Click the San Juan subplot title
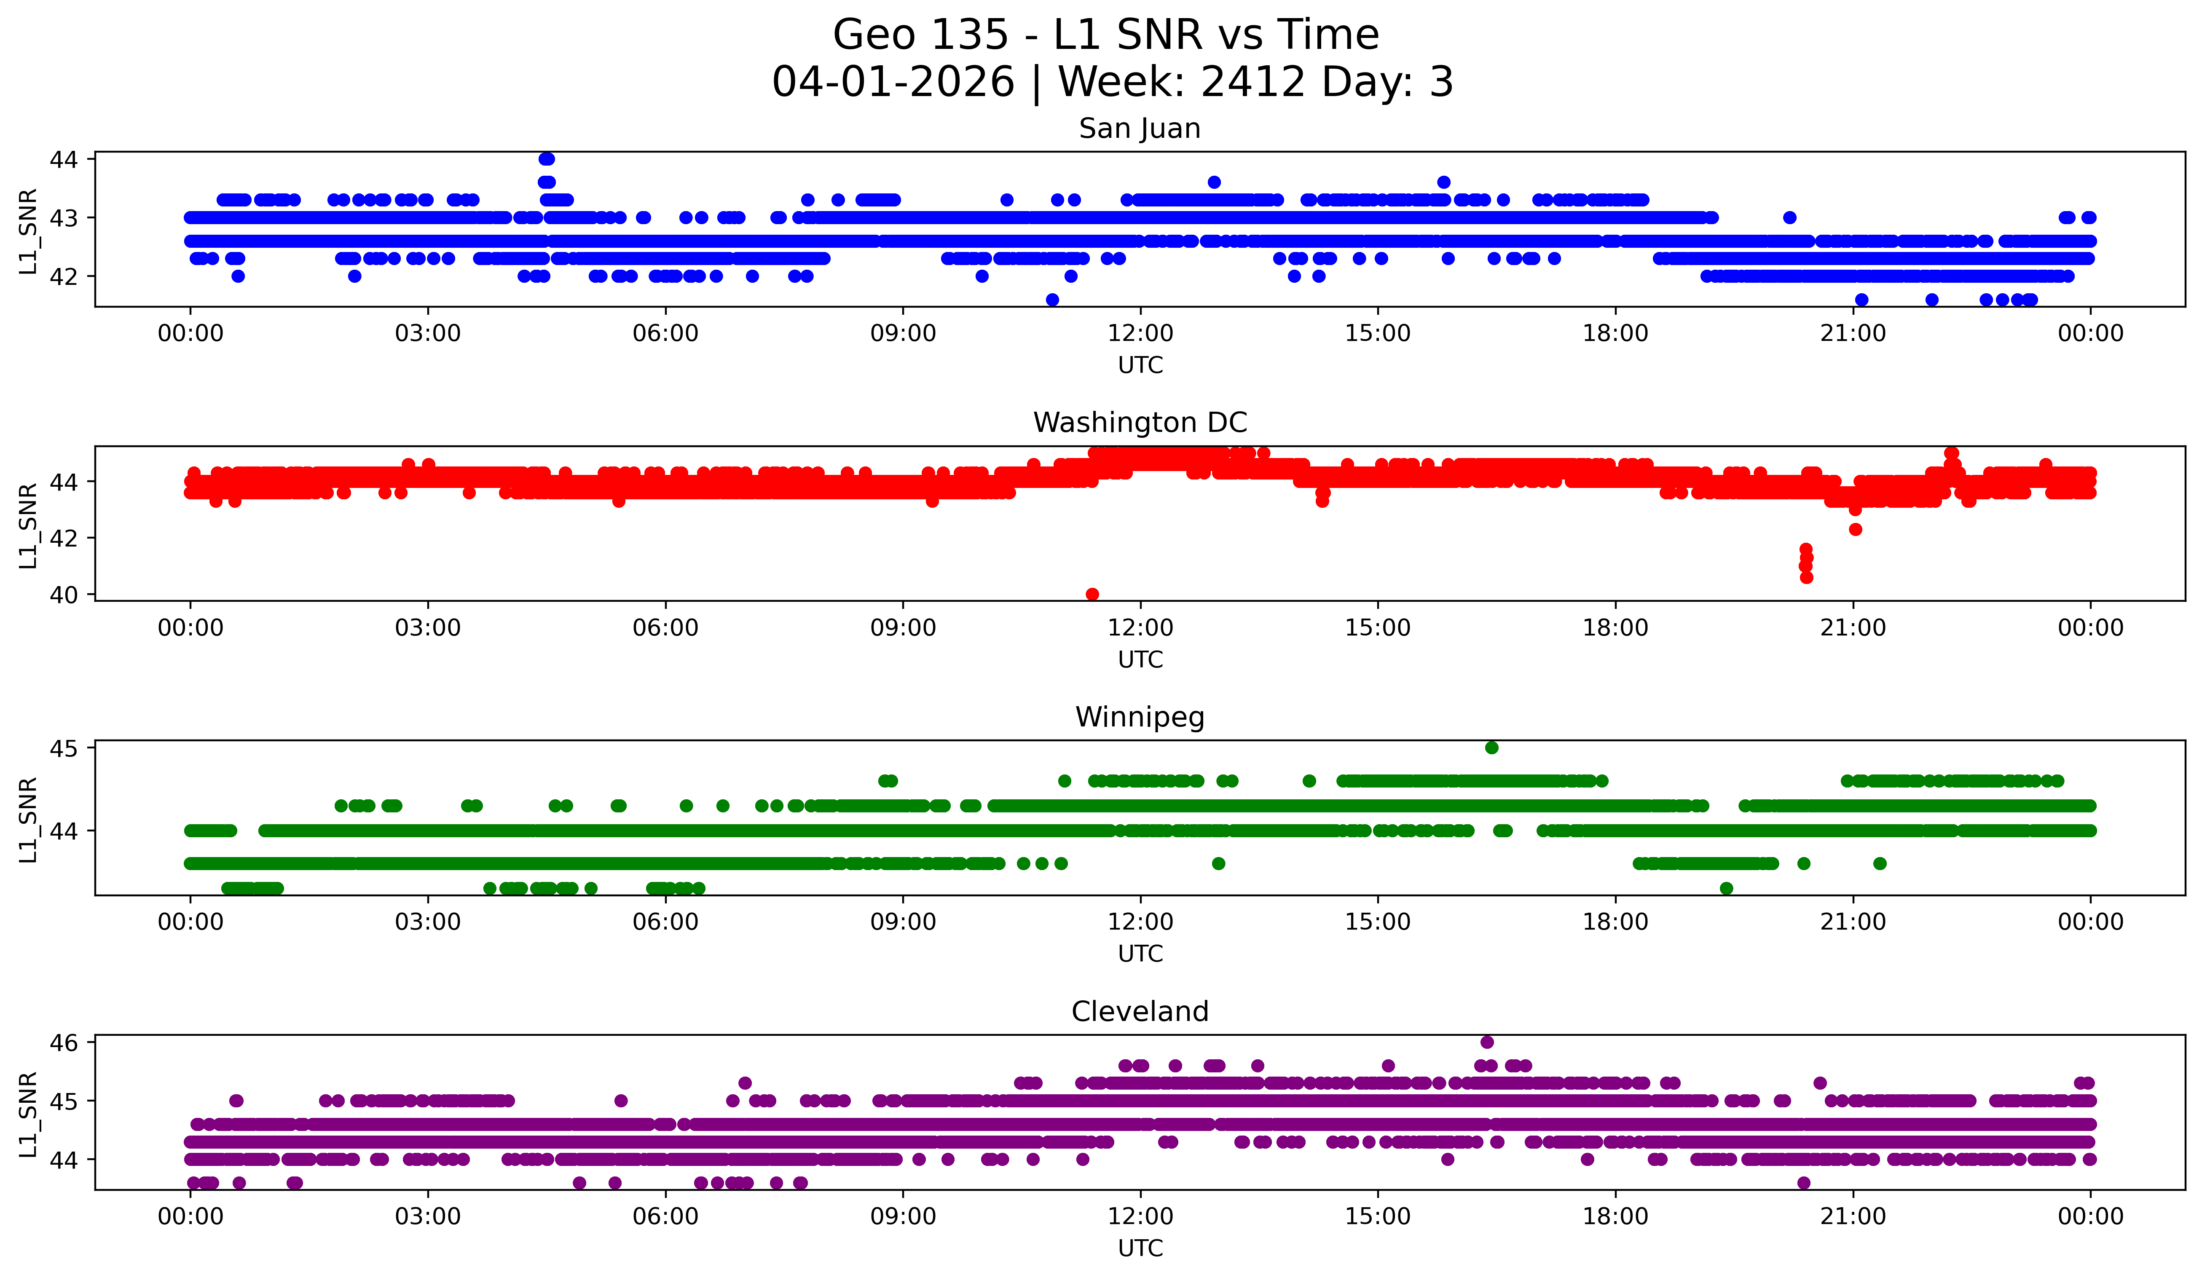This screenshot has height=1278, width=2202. [1140, 129]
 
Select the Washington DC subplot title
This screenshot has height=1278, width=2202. [1140, 423]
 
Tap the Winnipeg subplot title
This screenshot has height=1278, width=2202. [1140, 717]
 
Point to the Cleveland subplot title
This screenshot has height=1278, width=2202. [1140, 1012]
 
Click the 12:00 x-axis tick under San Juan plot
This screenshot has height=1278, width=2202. [1140, 334]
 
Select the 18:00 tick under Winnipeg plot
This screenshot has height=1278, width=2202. [1615, 922]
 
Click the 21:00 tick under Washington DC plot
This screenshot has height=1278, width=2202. [1853, 628]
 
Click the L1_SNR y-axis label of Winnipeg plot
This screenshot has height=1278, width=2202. [28, 820]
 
